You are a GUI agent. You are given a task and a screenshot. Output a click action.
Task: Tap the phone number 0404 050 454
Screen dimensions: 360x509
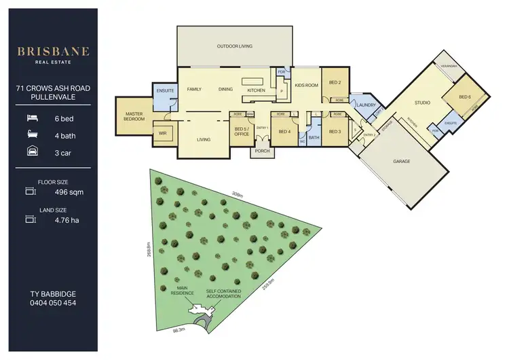53,303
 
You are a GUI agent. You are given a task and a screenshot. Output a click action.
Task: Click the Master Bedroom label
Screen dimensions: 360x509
134,116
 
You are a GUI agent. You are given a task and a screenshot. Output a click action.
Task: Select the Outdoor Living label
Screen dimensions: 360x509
235,46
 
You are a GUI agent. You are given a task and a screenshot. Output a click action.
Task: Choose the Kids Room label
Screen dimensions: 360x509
307,86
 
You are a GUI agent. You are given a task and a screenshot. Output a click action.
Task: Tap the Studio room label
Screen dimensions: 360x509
423,103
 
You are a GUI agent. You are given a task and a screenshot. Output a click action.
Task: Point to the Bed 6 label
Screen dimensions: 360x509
464,97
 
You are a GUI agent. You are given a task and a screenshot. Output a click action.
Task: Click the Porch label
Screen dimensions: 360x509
262,151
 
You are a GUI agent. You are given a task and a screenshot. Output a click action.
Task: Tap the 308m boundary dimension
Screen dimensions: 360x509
238,194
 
